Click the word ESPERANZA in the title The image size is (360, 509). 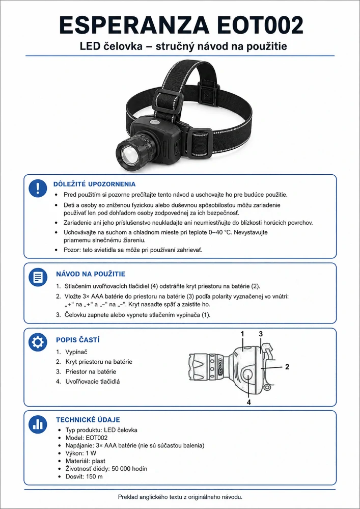134,25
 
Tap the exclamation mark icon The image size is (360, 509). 38,188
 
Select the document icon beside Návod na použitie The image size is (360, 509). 38,277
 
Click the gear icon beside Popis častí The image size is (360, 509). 38,343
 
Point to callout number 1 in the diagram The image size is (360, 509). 242,334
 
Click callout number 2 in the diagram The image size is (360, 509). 287,367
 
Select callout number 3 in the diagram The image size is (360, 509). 261,334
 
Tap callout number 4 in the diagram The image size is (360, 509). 249,402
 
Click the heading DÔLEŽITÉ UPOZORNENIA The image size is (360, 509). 94,184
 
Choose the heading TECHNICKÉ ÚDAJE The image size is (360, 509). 88,420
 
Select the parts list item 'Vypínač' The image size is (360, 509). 76,352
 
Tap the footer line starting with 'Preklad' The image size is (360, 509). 180,497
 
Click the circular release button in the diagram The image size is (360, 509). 248,377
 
